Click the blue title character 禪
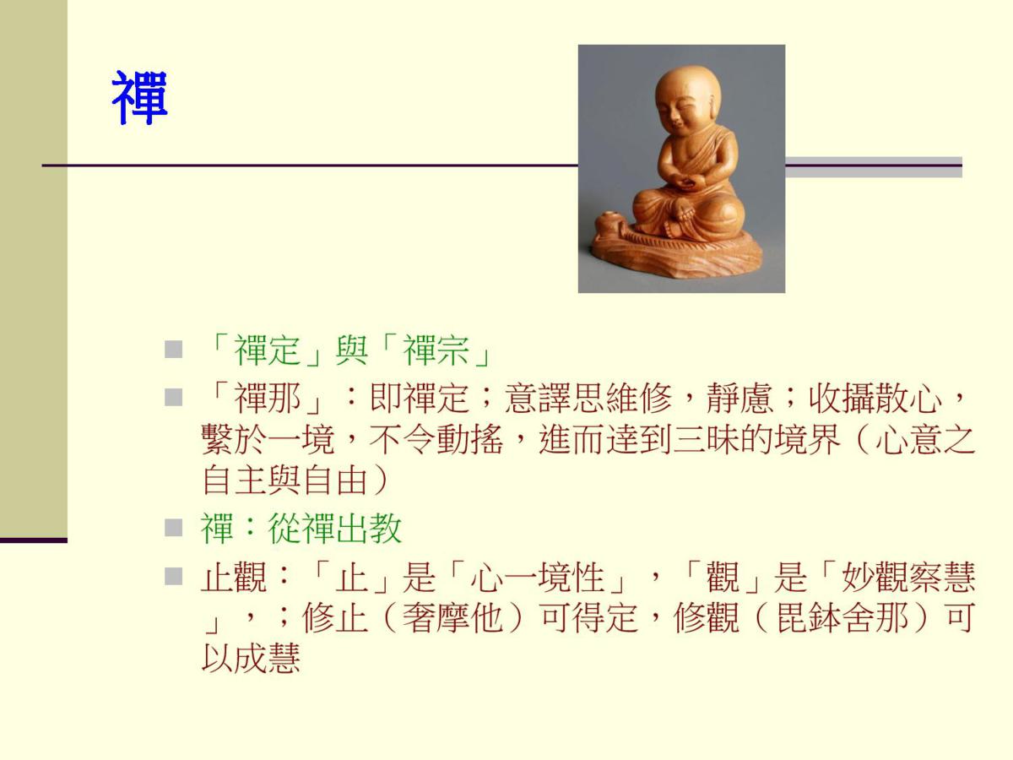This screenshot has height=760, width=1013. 139,97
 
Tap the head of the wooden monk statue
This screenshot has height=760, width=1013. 688,98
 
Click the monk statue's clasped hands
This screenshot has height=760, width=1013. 688,182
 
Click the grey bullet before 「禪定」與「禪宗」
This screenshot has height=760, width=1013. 173,350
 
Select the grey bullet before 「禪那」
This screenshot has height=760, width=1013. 173,397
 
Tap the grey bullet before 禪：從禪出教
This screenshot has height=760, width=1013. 173,528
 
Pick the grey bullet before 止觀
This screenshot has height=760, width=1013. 173,577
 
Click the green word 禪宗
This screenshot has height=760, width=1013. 436,350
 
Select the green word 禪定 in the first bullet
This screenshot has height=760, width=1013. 268,350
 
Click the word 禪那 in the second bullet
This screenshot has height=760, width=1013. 268,398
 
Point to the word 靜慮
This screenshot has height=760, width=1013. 739,398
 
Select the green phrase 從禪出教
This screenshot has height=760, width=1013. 334,529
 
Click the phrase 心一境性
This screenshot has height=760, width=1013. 537,577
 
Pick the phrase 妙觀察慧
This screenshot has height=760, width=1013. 908,577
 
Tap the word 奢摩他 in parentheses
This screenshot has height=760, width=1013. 452,618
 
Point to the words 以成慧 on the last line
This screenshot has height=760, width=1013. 251,658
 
